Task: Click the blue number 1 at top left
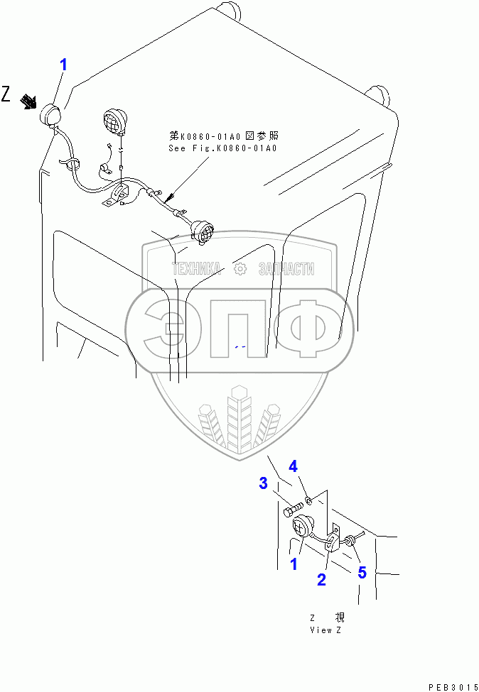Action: tap(63, 65)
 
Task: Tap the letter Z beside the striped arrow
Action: tap(6, 94)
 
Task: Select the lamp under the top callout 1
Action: tap(52, 116)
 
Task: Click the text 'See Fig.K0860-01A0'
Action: tap(222, 148)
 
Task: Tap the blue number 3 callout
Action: tap(263, 484)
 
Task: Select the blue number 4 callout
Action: tap(293, 467)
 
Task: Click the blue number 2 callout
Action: tap(321, 580)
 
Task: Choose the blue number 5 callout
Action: tap(362, 571)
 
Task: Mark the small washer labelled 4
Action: tap(310, 501)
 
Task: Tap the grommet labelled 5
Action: tap(350, 543)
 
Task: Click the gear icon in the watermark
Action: tap(239, 269)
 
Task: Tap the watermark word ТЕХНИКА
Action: tap(196, 269)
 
